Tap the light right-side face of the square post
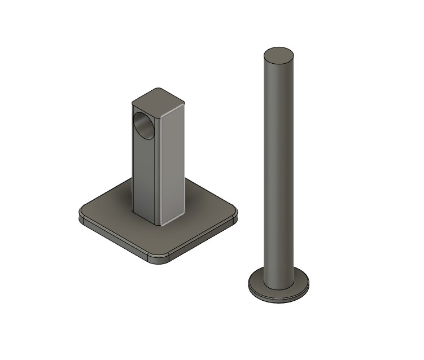point(173,164)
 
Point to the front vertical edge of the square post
point(159,169)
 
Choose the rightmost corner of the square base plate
point(236,215)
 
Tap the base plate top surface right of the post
point(206,212)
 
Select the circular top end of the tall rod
point(279,55)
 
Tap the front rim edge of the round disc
point(279,299)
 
